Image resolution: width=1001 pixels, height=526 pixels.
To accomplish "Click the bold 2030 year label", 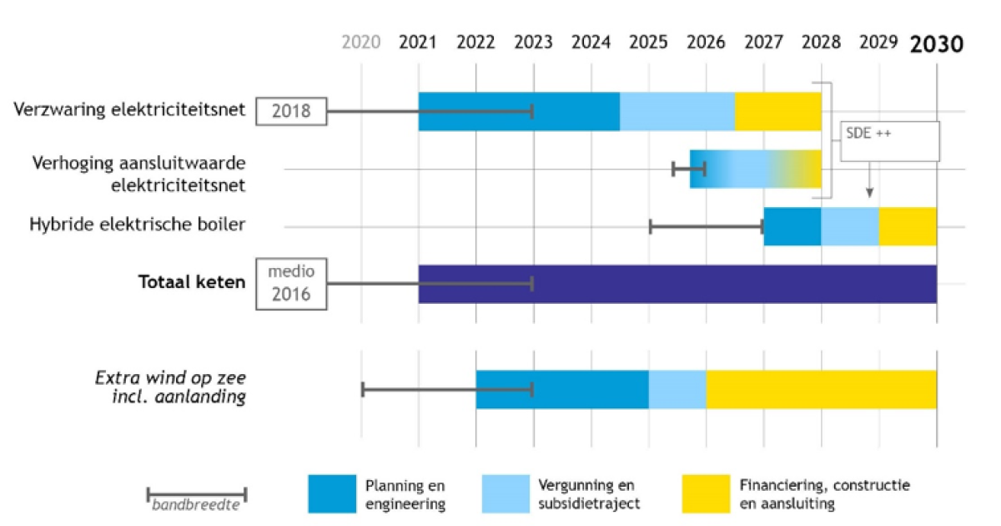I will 936,43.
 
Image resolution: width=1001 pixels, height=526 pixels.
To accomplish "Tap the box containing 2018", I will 290,111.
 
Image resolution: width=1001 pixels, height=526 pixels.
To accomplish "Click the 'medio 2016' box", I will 290,283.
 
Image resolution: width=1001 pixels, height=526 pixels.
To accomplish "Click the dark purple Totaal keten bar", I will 677,284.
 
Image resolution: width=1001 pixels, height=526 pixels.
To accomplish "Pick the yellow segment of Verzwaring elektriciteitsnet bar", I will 778,111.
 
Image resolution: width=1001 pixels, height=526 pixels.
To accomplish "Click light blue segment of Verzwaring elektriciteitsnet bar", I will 677,111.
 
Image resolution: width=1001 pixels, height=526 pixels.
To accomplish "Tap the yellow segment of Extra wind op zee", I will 821,389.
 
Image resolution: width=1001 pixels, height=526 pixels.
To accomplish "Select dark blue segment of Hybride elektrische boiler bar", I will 792,226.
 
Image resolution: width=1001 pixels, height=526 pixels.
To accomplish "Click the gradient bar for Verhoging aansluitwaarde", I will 756,169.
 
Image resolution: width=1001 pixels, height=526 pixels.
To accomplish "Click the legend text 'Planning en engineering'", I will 405,494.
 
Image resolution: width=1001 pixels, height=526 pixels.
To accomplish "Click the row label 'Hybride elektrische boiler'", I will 138,225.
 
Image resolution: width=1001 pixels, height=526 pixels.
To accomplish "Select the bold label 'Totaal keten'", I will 192,282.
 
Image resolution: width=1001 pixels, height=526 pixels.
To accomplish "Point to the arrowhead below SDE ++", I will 869,194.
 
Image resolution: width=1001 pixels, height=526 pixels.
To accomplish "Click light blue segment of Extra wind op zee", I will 677,389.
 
